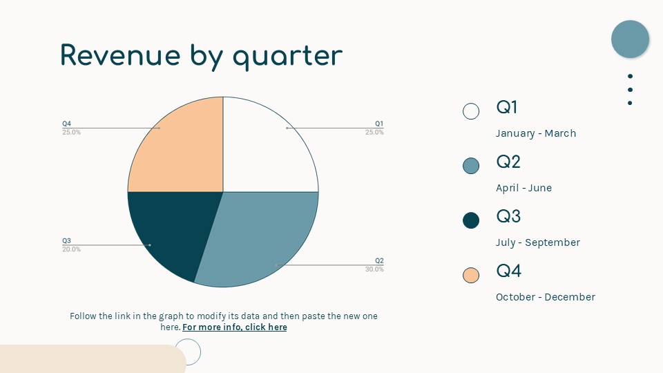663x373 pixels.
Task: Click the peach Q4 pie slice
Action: [x=182, y=152]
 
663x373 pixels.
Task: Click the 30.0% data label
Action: [x=374, y=269]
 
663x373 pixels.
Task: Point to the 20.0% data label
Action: [x=71, y=249]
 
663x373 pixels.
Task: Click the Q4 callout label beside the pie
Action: [x=67, y=124]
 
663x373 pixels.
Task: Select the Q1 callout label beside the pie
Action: [x=379, y=124]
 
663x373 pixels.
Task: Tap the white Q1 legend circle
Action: [x=471, y=111]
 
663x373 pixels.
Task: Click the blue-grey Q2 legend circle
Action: [x=471, y=166]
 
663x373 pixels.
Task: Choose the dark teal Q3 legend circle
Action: [x=471, y=220]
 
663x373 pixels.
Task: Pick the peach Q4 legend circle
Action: [x=471, y=275]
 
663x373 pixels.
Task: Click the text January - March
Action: [x=536, y=133]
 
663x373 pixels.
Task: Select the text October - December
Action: [x=546, y=297]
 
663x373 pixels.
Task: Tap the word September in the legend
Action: [x=552, y=242]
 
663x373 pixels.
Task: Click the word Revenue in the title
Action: [x=120, y=55]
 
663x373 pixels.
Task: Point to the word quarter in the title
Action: [x=287, y=57]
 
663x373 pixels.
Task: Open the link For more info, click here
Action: [x=235, y=327]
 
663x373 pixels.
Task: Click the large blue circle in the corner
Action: [x=630, y=39]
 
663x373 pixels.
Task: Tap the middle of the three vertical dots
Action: [x=630, y=90]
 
